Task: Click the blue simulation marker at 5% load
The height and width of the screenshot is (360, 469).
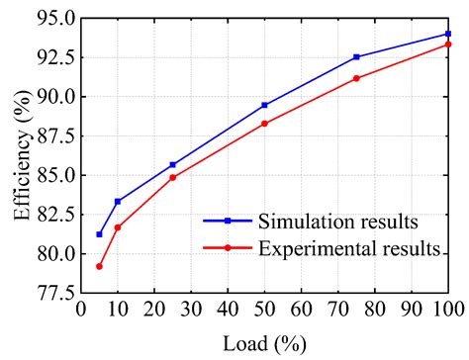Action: pyautogui.click(x=99, y=234)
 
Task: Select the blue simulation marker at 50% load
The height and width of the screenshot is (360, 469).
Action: pyautogui.click(x=264, y=105)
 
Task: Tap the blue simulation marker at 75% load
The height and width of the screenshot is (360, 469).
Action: pyautogui.click(x=356, y=57)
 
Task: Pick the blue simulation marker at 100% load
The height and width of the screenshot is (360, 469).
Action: pyautogui.click(x=448, y=34)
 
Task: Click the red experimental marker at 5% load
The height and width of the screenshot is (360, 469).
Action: pyautogui.click(x=99, y=266)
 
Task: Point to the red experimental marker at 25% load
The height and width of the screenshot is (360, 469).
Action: pyautogui.click(x=172, y=177)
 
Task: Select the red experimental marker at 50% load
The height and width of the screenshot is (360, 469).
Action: pyautogui.click(x=264, y=124)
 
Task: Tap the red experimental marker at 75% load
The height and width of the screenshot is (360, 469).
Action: pyautogui.click(x=356, y=78)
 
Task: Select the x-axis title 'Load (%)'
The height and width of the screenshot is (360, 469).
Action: pyautogui.click(x=264, y=343)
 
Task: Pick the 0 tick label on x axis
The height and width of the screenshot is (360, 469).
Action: pyautogui.click(x=81, y=310)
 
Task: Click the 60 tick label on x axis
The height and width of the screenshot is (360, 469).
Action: pyautogui.click(x=301, y=310)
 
